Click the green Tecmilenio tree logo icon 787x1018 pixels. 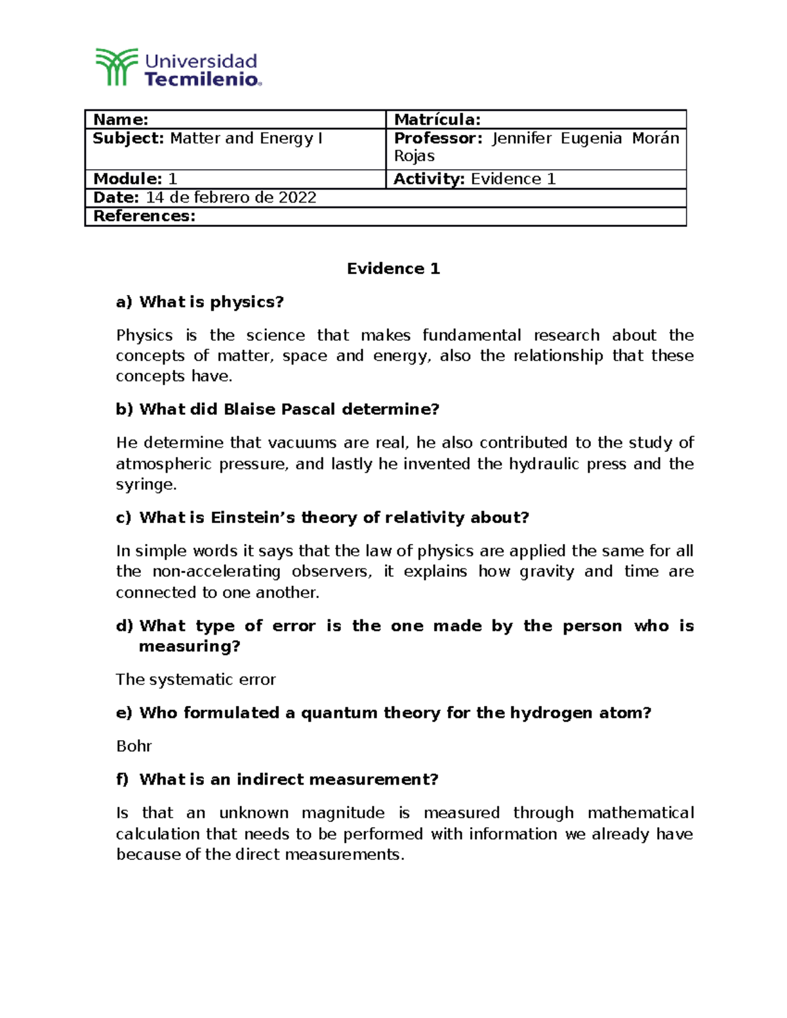[x=117, y=67]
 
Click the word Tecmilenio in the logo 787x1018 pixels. [x=201, y=79]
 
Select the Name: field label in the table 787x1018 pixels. [x=121, y=119]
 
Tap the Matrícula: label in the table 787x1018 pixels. [x=437, y=119]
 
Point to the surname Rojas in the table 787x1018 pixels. [x=414, y=156]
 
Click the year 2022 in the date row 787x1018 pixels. [x=298, y=197]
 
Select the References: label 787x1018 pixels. [x=144, y=216]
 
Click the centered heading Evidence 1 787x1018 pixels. [x=393, y=269]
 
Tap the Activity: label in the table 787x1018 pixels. [x=429, y=179]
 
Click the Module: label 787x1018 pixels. [x=127, y=179]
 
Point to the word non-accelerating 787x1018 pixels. [x=216, y=572]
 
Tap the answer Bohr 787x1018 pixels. [x=134, y=747]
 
